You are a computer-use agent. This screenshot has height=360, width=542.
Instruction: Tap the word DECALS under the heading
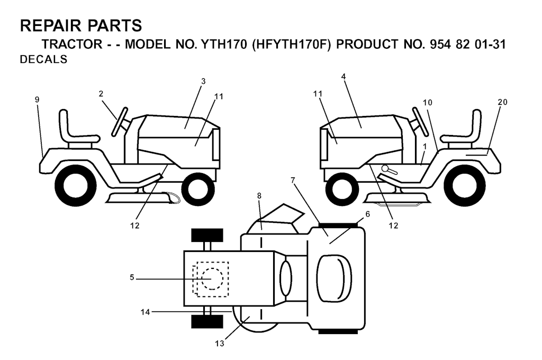43,59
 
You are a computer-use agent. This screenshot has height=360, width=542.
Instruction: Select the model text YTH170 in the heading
222,44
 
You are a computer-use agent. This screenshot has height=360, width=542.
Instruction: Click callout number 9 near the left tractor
37,100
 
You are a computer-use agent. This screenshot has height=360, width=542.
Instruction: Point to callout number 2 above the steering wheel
101,94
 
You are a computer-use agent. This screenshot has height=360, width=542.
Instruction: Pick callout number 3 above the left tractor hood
203,82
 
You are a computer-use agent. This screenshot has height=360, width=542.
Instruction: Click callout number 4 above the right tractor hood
343,77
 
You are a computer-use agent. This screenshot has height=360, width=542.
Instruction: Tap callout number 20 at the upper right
503,102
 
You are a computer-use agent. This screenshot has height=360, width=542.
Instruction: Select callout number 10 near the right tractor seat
428,102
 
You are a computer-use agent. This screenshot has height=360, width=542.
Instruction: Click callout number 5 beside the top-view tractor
132,277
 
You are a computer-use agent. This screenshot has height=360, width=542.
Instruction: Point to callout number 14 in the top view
145,312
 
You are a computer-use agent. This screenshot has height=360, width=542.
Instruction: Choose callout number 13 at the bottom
220,344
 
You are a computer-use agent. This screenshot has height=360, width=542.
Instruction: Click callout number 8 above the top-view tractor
259,196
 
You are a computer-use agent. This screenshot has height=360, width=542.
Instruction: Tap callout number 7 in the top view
293,180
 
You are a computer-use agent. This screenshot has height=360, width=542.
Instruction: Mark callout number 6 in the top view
367,214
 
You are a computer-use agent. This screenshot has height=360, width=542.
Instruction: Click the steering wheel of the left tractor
119,121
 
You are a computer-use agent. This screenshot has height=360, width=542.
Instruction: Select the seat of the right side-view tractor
462,129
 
